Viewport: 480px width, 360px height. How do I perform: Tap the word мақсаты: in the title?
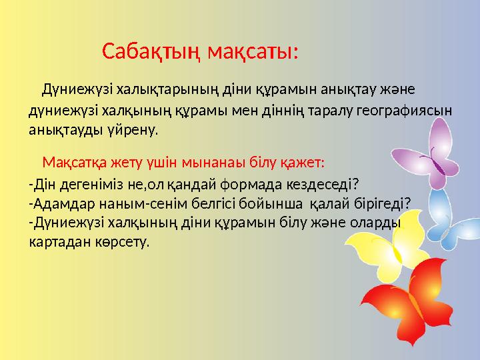click(x=252, y=51)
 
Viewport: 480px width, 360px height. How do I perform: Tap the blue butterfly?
click(x=453, y=213)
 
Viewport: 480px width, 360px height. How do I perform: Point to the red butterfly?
click(x=407, y=303)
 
